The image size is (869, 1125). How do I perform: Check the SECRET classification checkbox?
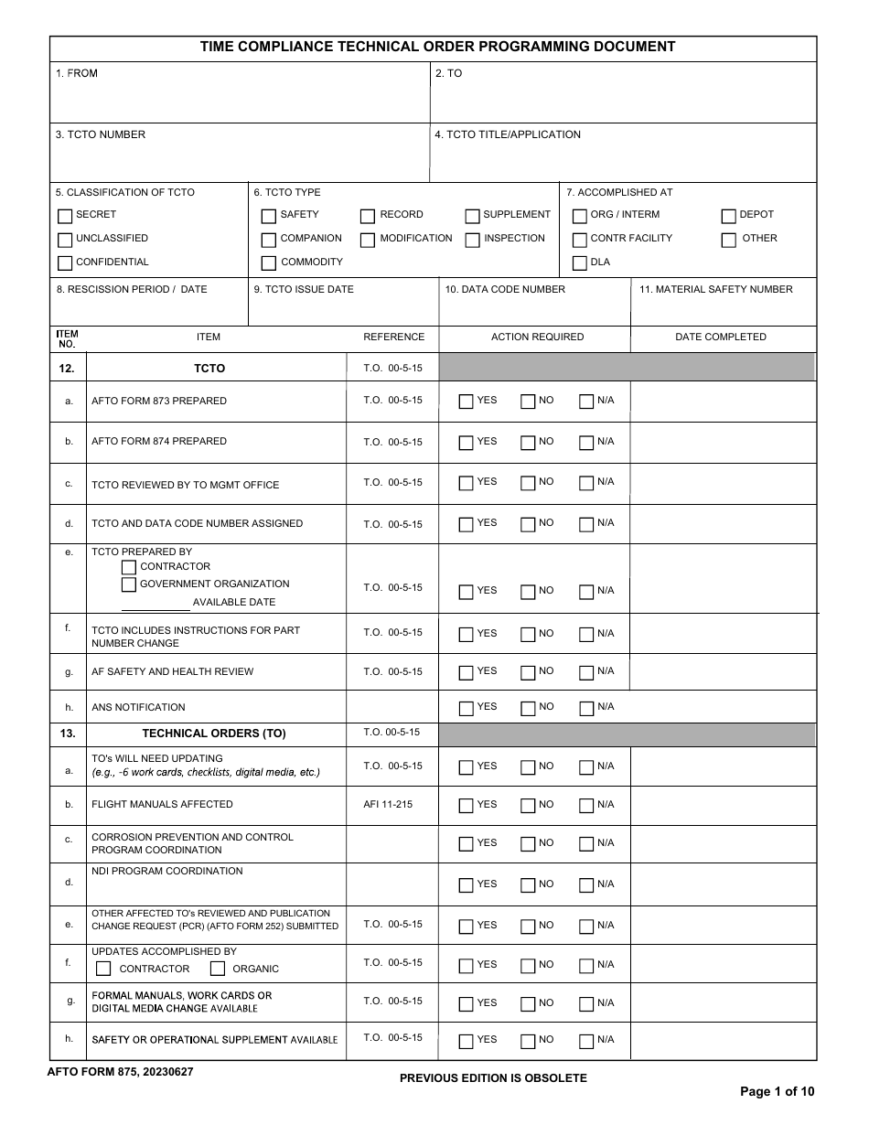pos(65,217)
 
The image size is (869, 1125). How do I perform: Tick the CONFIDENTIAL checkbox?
pos(65,263)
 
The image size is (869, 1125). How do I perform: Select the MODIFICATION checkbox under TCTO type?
pos(368,241)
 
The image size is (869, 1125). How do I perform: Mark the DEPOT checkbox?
pos(728,217)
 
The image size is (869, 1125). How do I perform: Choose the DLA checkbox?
pos(580,263)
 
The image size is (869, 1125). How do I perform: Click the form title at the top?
pos(438,47)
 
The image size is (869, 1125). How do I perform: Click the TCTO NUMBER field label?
pos(101,134)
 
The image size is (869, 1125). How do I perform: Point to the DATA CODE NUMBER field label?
pos(505,289)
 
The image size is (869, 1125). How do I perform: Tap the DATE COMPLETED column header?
pos(721,337)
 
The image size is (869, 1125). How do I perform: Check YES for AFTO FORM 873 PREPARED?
pos(467,402)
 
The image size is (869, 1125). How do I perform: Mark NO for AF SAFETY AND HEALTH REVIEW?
pos(528,672)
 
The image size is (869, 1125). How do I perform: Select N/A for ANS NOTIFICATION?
pos(586,708)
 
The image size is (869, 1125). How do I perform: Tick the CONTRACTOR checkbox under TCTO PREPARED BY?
pos(129,567)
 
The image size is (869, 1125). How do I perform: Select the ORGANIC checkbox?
pos(218,969)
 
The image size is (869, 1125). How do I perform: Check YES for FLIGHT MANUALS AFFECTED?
pos(467,806)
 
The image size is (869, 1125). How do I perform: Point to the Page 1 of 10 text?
pos(777,1091)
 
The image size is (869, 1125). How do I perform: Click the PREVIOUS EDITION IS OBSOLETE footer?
pos(493,1078)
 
